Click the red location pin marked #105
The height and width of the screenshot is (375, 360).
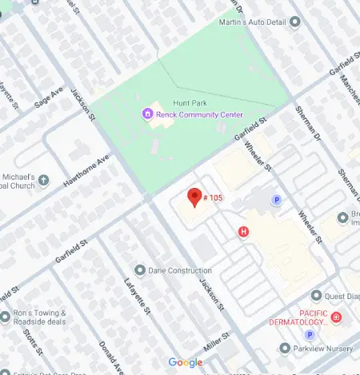(193, 197)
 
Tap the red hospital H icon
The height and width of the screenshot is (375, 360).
(245, 232)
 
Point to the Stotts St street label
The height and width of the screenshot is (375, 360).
(32, 341)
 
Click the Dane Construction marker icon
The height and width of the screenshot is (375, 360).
(140, 269)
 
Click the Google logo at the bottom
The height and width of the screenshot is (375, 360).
(185, 363)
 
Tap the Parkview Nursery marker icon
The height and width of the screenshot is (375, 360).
(284, 349)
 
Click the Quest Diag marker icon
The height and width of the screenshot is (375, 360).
(315, 296)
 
